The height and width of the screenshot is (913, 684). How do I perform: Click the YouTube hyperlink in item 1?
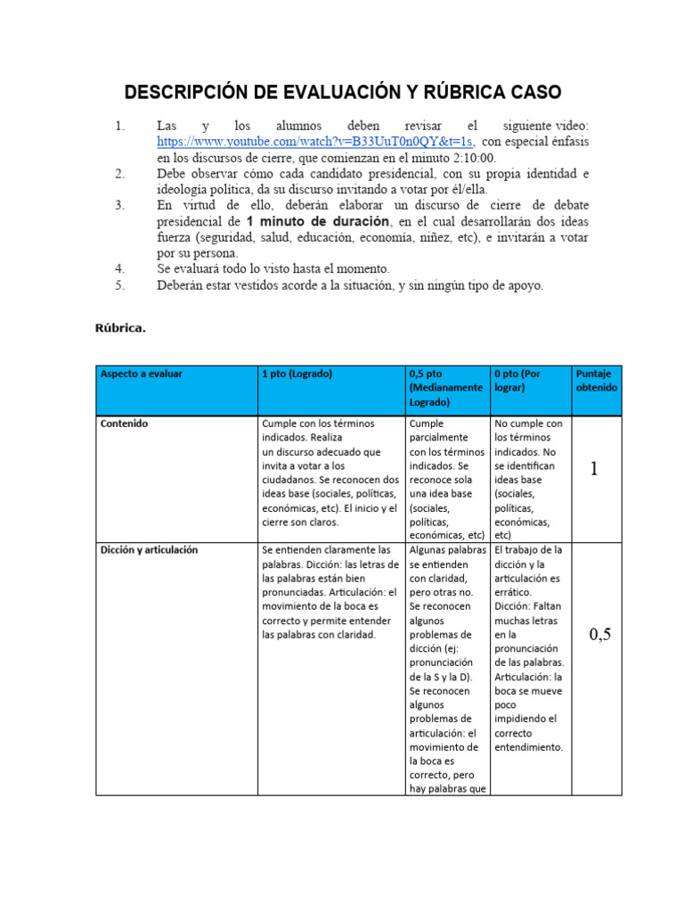(315, 142)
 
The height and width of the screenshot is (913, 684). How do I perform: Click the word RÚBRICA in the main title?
(468, 93)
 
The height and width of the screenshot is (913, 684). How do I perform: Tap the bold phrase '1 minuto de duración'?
(318, 220)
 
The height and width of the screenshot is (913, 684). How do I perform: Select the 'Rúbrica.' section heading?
(120, 327)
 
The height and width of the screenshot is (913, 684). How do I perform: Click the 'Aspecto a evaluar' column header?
(142, 374)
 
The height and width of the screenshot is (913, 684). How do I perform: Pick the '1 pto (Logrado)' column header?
(297, 374)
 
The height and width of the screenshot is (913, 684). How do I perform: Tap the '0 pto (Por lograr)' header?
(527, 381)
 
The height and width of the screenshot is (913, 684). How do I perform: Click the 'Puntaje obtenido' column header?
(597, 381)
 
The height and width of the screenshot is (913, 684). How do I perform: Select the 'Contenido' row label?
(125, 424)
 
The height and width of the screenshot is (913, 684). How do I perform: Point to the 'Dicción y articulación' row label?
(149, 550)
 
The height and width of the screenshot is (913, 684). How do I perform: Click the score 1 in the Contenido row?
(595, 469)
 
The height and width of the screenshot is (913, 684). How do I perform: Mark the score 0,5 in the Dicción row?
(600, 635)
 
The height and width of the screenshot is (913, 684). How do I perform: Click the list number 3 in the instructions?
(120, 205)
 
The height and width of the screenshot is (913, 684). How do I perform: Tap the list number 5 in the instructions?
(120, 285)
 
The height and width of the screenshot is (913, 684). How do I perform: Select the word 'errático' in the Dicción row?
(513, 592)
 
